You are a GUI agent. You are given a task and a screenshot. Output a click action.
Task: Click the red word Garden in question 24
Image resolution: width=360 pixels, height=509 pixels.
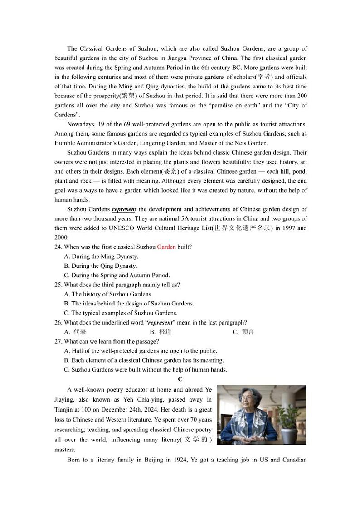(166, 247)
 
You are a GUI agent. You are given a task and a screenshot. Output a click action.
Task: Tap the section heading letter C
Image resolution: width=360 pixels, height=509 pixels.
(180, 379)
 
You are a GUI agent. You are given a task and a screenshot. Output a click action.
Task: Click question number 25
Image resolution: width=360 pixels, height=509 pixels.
(58, 285)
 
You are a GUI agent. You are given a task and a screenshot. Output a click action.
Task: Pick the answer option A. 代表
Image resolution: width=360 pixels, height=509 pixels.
(75, 332)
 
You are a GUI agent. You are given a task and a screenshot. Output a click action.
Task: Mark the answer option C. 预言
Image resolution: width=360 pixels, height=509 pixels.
(243, 332)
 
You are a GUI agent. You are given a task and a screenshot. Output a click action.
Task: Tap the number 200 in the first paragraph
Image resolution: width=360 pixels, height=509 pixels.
(302, 96)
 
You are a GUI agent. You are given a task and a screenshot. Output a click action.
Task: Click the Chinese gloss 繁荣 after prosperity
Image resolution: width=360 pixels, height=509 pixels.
(128, 96)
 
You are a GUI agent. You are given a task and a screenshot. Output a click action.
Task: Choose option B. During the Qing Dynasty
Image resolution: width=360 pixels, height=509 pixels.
(100, 266)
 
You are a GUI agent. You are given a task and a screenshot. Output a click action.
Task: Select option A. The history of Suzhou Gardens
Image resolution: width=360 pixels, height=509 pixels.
(108, 294)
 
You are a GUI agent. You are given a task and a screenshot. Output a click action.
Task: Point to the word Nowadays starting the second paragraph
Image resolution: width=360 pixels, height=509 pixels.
(81, 124)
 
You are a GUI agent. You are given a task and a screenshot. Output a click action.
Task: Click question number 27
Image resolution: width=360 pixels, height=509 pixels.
(58, 341)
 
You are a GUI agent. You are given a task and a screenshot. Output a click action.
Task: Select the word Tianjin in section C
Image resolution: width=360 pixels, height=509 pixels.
(64, 409)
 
